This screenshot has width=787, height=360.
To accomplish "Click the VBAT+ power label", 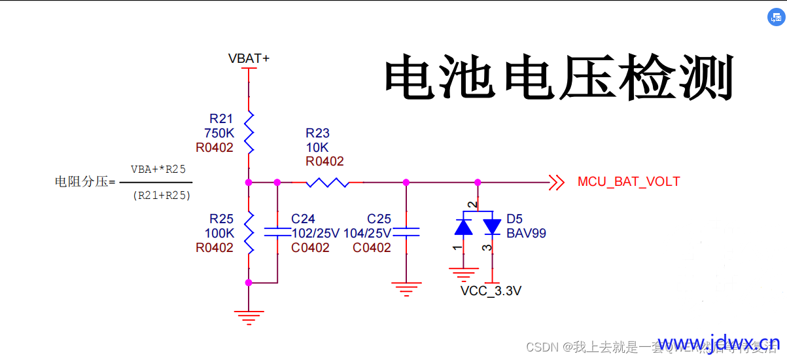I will click(x=249, y=59).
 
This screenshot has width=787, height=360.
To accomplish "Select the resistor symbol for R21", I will click(x=249, y=133).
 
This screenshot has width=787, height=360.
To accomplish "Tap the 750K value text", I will click(x=219, y=133).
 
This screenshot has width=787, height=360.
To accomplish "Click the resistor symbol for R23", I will click(x=327, y=182).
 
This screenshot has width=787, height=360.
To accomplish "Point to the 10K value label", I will click(x=317, y=147).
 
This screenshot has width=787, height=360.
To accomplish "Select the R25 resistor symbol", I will click(x=249, y=232).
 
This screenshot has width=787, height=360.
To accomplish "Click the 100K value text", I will click(x=219, y=233).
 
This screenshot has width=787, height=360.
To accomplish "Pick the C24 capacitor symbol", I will click(x=277, y=231).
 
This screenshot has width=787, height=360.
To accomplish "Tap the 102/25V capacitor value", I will click(x=315, y=233).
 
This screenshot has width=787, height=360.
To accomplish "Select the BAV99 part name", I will click(x=526, y=233).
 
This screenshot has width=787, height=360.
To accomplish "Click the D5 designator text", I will click(x=515, y=219).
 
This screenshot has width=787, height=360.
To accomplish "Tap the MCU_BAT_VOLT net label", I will click(x=629, y=182).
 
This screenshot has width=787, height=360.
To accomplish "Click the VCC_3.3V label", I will click(x=491, y=291).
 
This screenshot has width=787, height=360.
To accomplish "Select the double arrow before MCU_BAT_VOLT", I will click(x=556, y=182).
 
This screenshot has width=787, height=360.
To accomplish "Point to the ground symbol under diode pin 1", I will click(x=463, y=274).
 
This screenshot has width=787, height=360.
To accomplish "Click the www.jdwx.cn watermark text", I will click(x=718, y=344).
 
